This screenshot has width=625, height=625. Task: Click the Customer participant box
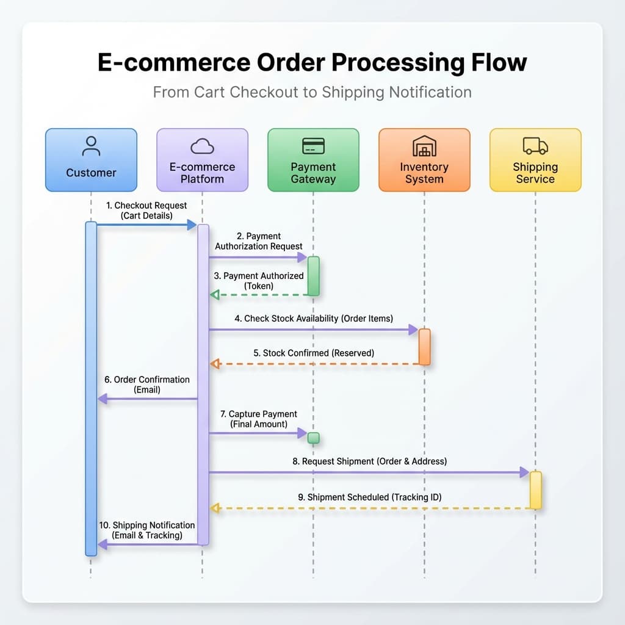[x=91, y=160]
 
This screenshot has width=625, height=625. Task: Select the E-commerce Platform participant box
[x=202, y=160]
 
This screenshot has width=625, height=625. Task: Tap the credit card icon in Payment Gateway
[x=313, y=146]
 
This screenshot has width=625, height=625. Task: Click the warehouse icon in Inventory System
[x=424, y=146]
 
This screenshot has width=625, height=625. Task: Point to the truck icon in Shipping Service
[x=535, y=146]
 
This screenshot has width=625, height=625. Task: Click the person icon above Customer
[x=91, y=146]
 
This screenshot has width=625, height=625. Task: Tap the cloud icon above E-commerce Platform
[x=202, y=146]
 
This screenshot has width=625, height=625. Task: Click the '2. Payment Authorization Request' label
[x=259, y=241]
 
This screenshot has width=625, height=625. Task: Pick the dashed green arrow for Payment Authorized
[x=259, y=295]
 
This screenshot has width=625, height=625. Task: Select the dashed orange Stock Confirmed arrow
[x=315, y=364]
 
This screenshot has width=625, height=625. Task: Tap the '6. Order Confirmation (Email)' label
[x=147, y=385]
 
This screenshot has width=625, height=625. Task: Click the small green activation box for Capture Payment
[x=313, y=438]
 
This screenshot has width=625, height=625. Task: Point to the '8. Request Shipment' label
[x=370, y=461]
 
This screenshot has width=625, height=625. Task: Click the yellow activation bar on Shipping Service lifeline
[x=535, y=490]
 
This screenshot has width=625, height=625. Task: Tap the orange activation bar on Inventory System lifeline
[x=424, y=347]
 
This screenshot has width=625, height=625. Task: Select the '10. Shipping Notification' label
[x=147, y=530]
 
